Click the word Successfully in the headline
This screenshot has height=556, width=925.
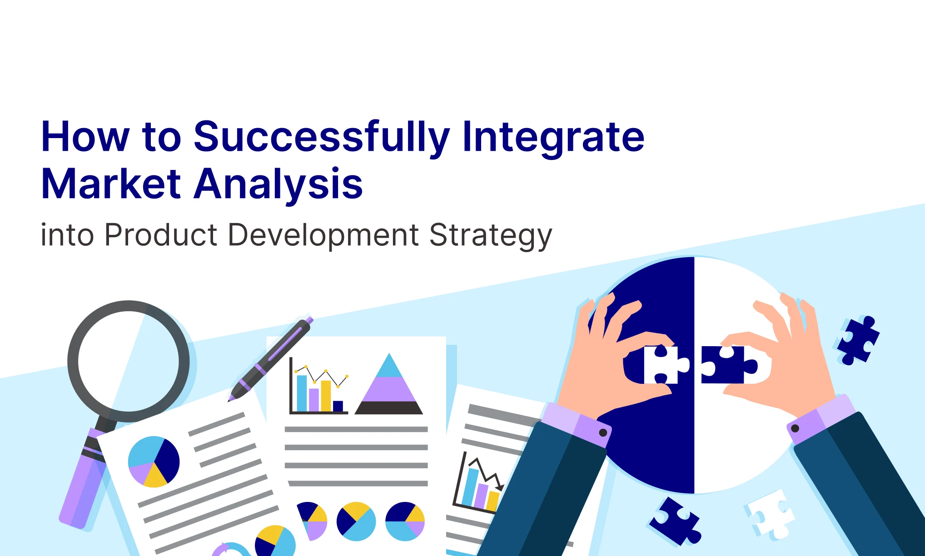[322, 137]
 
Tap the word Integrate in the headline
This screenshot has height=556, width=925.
[553, 137]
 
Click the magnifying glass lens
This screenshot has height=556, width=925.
[129, 361]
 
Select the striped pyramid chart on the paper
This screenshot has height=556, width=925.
[389, 384]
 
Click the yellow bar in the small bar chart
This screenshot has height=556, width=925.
[326, 396]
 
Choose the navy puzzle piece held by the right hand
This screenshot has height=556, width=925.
[728, 364]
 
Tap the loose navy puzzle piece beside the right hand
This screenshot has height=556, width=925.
[858, 340]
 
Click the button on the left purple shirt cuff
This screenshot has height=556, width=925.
[603, 432]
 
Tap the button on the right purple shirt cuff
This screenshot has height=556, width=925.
[795, 428]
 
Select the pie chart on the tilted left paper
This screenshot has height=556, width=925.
[154, 462]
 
